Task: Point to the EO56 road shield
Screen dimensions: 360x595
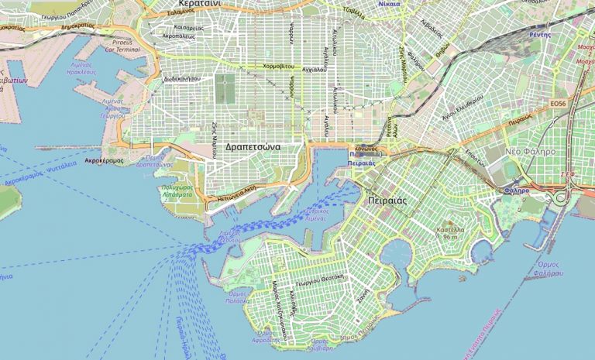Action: [x=557, y=104]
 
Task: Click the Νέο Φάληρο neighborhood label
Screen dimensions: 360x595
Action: [x=528, y=152]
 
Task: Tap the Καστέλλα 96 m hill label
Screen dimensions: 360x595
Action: [x=452, y=232]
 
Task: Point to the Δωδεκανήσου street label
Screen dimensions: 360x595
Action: [x=182, y=79]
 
